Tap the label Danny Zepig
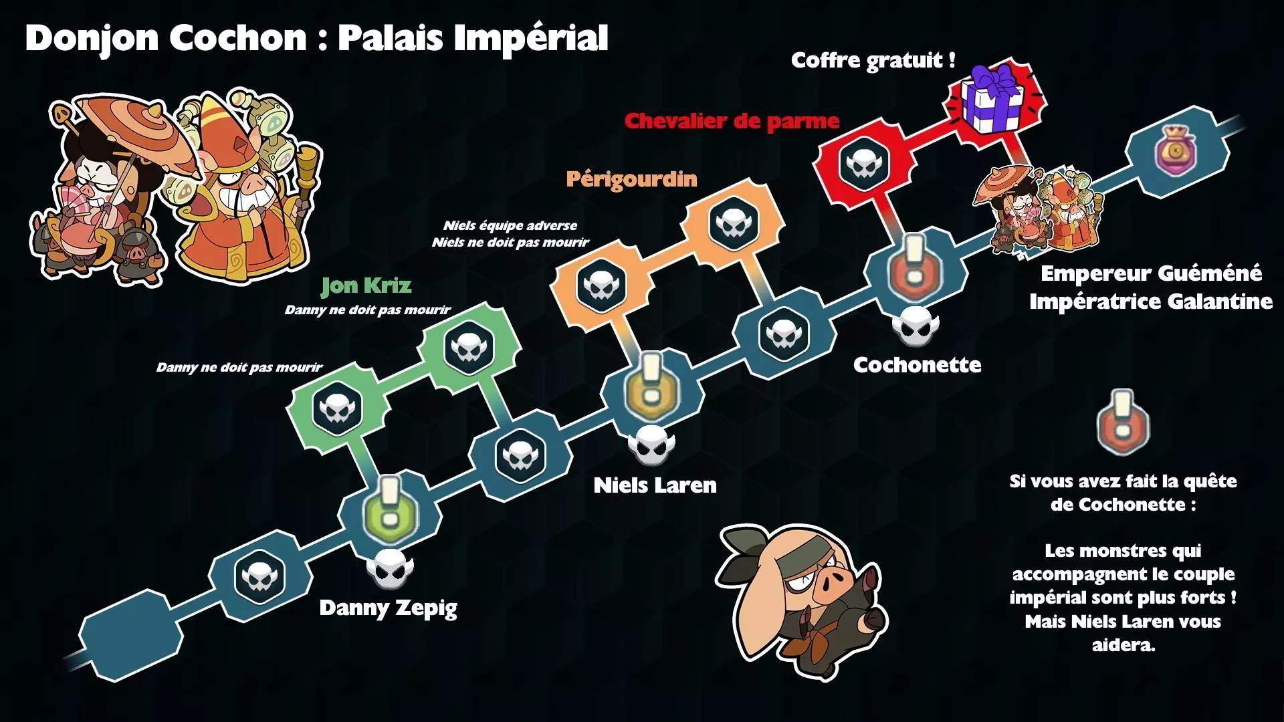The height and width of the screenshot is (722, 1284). (388, 608)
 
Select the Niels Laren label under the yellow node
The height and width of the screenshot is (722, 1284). (655, 485)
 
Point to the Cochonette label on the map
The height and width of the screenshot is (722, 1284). (917, 365)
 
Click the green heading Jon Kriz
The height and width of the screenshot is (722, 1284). (366, 285)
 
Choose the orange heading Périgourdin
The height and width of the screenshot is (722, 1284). (631, 179)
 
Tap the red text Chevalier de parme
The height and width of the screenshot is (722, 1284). (732, 121)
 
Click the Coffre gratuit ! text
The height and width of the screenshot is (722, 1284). (873, 60)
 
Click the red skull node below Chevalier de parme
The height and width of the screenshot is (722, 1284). (864, 163)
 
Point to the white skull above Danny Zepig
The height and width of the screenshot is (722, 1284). (390, 569)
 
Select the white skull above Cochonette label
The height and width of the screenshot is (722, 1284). (916, 326)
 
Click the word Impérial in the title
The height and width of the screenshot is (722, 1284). (531, 37)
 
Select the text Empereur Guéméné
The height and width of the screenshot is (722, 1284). (1151, 273)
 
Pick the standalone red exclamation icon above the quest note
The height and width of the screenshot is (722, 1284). (1123, 423)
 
